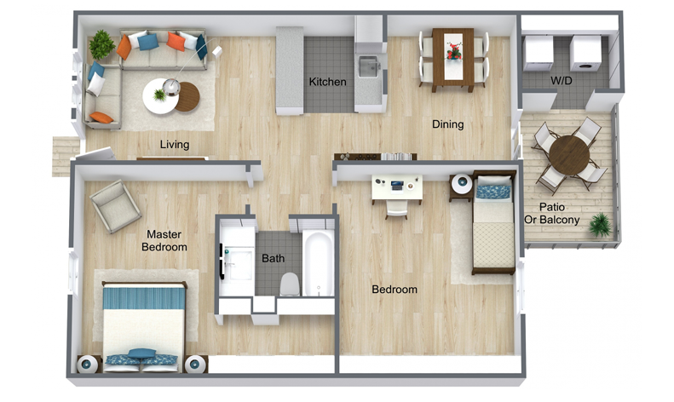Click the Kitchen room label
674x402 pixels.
click(x=327, y=82)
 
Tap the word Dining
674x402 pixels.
click(x=448, y=124)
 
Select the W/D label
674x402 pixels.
click(x=561, y=80)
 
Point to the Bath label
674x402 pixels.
click(x=273, y=258)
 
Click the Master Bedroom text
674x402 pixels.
click(x=164, y=240)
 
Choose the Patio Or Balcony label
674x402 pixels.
click(x=552, y=214)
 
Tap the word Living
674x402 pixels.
click(x=175, y=145)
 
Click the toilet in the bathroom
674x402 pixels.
click(x=290, y=284)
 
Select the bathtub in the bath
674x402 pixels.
click(x=318, y=263)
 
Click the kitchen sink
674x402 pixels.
click(x=368, y=66)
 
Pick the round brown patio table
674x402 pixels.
click(x=569, y=155)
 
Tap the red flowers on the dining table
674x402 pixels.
click(x=453, y=50)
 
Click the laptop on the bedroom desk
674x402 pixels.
click(x=397, y=186)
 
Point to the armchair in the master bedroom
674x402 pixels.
click(x=115, y=206)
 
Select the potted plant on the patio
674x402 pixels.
click(x=600, y=225)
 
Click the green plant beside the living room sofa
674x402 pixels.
click(x=101, y=44)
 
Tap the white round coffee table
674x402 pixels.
click(x=160, y=96)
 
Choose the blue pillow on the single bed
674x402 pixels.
click(x=493, y=192)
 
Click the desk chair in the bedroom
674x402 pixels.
click(x=396, y=210)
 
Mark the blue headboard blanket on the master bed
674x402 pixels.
click(x=144, y=298)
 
